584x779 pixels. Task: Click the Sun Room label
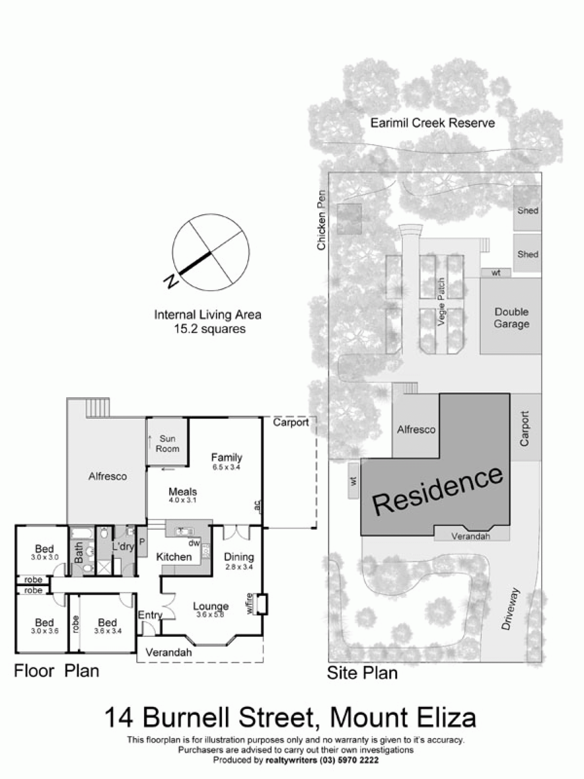pyautogui.click(x=167, y=444)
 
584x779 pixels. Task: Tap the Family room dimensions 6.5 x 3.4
pyautogui.click(x=226, y=467)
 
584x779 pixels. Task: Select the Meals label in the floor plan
pyautogui.click(x=183, y=492)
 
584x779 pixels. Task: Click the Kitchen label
pyautogui.click(x=174, y=557)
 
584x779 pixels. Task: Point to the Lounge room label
pyautogui.click(x=211, y=606)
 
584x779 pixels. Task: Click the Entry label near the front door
pyautogui.click(x=150, y=615)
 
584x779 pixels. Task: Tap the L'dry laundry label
pyautogui.click(x=123, y=546)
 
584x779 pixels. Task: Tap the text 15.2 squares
pyautogui.click(x=209, y=329)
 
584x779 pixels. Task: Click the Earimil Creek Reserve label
pyautogui.click(x=432, y=123)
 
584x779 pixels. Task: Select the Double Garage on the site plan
pyautogui.click(x=511, y=318)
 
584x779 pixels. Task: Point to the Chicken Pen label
pyautogui.click(x=321, y=220)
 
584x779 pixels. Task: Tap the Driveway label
pyautogui.click(x=511, y=609)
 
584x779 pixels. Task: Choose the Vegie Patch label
pyautogui.click(x=441, y=302)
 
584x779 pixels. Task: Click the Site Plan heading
pyautogui.click(x=362, y=673)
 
